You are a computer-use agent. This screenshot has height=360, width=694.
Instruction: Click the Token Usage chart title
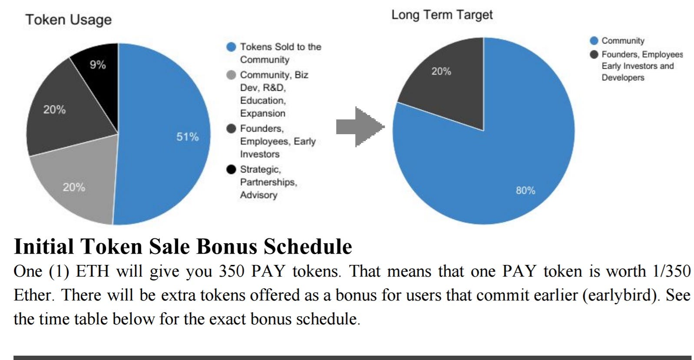tap(69, 20)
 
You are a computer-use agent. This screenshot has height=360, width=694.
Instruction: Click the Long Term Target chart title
tap(442, 15)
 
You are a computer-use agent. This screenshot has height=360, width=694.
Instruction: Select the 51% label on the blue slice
tap(188, 137)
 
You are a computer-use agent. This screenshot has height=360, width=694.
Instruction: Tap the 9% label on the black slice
tap(98, 65)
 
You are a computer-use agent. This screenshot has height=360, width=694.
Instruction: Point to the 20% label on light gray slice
tap(74, 187)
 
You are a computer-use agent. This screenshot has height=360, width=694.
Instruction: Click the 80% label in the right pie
tap(525, 190)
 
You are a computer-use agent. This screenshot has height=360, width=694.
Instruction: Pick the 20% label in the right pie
tap(441, 71)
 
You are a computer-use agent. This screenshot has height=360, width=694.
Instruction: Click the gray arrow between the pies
tap(360, 127)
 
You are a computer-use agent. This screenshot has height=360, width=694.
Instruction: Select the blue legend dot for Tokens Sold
tap(231, 47)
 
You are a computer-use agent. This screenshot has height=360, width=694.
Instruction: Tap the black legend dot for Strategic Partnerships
tap(231, 169)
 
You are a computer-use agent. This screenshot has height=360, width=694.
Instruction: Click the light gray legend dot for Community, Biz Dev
tap(231, 75)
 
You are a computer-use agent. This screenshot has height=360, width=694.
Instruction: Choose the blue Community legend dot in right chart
tap(594, 40)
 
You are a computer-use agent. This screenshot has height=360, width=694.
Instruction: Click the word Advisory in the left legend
tap(259, 195)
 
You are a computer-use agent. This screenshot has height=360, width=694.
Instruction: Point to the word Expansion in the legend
tap(263, 113)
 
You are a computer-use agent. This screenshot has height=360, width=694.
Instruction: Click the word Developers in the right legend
tap(623, 77)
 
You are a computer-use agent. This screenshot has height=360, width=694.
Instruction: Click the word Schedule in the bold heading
tap(307, 247)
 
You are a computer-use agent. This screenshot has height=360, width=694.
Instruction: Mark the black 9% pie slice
tap(99, 77)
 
